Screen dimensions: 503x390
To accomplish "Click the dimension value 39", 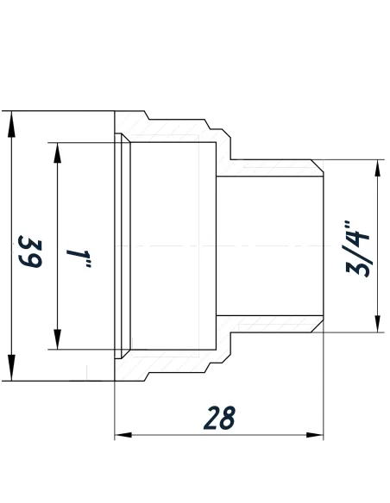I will [x=31, y=251].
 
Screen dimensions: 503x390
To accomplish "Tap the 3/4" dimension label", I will [x=355, y=249].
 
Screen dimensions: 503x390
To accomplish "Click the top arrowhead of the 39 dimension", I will [x=11, y=121].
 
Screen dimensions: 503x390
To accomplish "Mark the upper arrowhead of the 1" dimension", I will [x=57, y=152].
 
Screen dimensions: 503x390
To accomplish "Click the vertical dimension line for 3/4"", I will [x=377, y=207].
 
